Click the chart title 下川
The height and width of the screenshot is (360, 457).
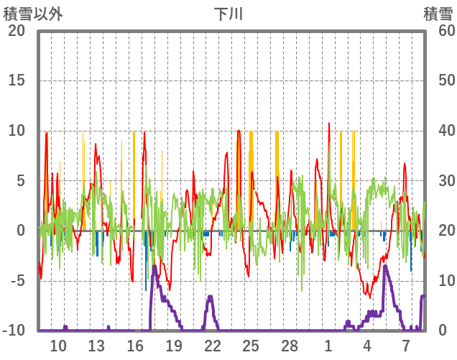[228, 14]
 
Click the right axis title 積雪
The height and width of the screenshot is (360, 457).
[438, 14]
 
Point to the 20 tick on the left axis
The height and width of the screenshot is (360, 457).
[17, 31]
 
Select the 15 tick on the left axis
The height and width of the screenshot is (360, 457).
[17, 80]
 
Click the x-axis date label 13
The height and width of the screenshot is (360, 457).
[96, 346]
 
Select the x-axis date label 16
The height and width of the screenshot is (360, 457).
[135, 346]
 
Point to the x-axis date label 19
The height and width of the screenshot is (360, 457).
[174, 346]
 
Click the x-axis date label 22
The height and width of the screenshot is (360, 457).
[213, 346]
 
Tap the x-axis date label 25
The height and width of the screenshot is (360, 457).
[251, 346]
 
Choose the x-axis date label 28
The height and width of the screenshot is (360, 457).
[290, 346]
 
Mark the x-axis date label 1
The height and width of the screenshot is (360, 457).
[328, 346]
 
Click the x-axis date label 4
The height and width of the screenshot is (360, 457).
[367, 346]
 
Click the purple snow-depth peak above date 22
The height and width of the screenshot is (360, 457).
[211, 296]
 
